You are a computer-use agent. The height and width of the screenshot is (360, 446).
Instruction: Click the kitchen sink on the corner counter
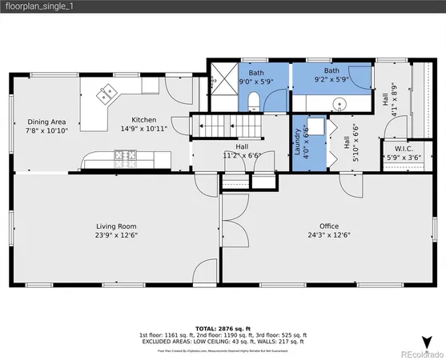[x=106, y=95]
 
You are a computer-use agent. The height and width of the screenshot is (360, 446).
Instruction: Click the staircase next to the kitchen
[x=214, y=126]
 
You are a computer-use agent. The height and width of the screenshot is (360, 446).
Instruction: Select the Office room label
[x=329, y=226]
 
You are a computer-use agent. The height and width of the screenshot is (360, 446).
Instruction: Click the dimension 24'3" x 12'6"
[x=329, y=235]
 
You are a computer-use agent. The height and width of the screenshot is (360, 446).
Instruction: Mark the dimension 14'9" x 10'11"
[x=144, y=129]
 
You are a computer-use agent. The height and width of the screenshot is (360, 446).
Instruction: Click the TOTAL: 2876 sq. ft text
[x=223, y=329]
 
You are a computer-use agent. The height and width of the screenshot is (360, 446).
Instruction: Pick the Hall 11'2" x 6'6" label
[x=241, y=151]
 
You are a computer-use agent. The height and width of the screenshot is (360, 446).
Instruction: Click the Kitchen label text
[x=144, y=120]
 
